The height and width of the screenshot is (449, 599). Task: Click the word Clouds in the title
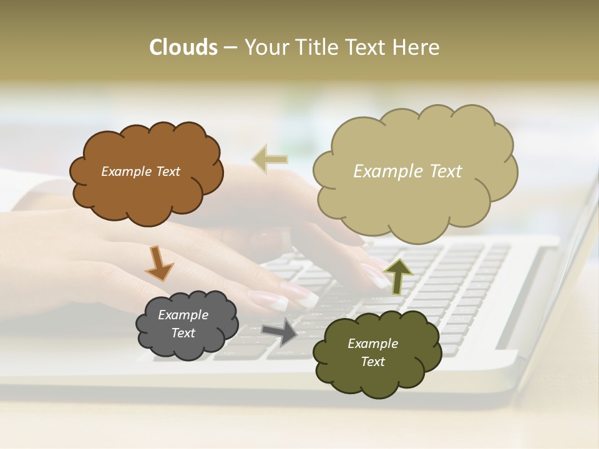(x=183, y=47)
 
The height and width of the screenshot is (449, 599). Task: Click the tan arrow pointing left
(x=270, y=159)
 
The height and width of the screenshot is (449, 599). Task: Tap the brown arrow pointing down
(x=158, y=264)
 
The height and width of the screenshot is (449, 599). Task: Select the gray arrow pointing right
(x=279, y=331)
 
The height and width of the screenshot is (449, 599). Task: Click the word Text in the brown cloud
(x=167, y=171)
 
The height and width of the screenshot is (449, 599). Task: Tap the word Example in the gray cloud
(x=183, y=315)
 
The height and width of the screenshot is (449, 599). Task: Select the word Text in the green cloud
(x=373, y=362)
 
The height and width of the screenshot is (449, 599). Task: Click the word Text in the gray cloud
(x=183, y=333)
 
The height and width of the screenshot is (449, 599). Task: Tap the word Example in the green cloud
(x=373, y=344)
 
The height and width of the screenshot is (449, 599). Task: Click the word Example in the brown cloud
(x=127, y=171)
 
